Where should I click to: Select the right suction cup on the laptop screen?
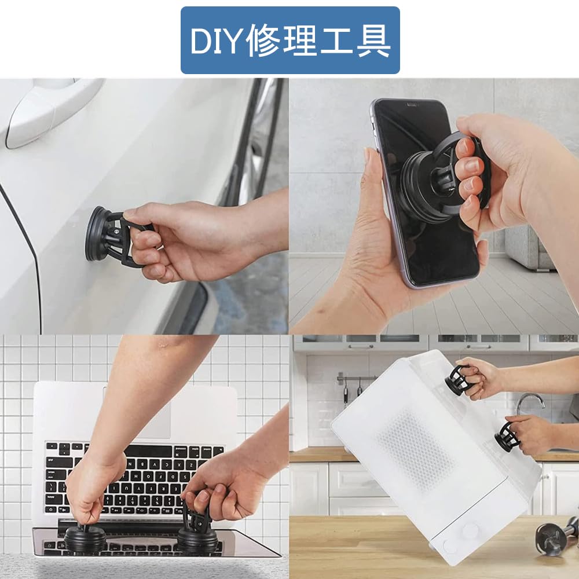click(x=197, y=536)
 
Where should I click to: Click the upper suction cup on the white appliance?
click(x=457, y=380)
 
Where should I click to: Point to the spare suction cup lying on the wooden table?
click(x=553, y=536)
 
